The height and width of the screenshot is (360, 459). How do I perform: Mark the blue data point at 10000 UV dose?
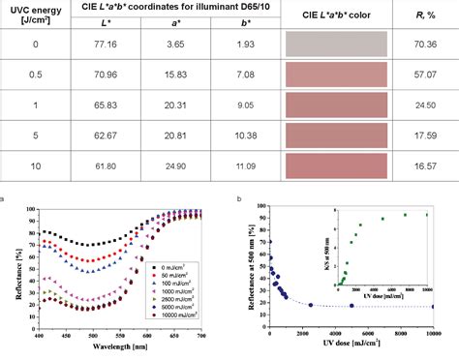pos(433,307)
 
